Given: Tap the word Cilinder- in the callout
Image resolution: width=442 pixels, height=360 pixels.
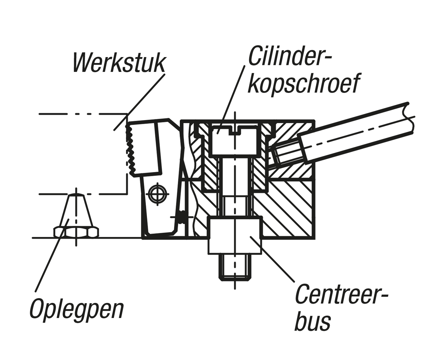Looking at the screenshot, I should pyautogui.click(x=290, y=56).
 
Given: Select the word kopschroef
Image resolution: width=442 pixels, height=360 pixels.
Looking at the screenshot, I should pyautogui.click(x=303, y=84).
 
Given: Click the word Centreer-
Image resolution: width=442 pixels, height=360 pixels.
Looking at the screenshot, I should pyautogui.click(x=342, y=294).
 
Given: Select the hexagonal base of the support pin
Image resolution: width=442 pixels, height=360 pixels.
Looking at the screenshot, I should pyautogui.click(x=76, y=232).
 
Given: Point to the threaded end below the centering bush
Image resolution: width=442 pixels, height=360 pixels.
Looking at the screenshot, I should pyautogui.click(x=236, y=268).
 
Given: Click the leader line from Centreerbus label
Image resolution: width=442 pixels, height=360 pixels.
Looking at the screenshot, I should pyautogui.click(x=273, y=259).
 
